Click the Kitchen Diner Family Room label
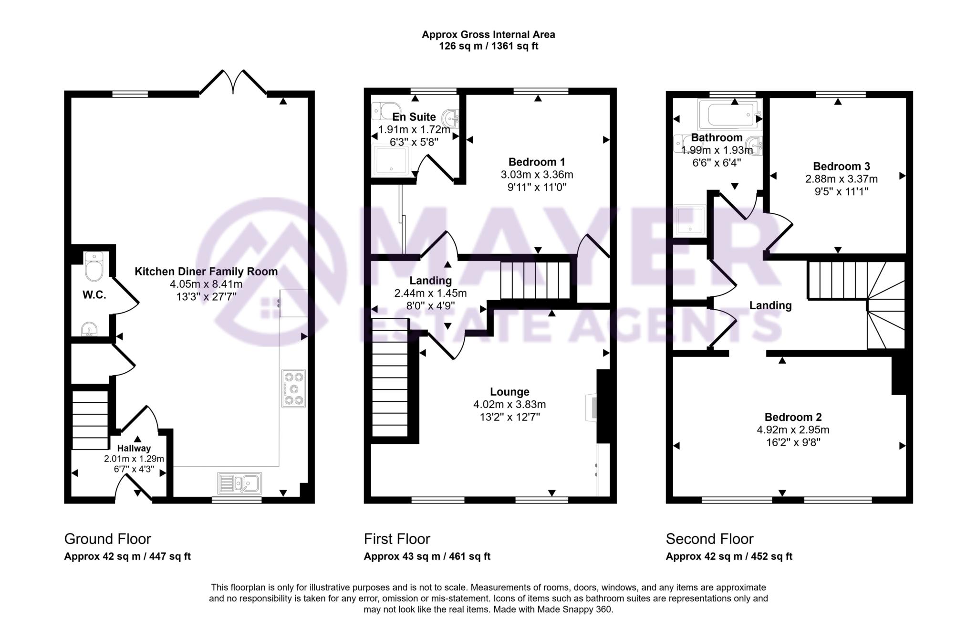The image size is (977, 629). tap(206, 272)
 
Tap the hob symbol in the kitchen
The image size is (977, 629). tap(293, 388)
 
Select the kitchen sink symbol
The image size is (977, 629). tap(239, 483)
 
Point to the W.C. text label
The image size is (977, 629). tap(94, 295)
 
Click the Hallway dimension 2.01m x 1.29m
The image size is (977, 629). tap(134, 459)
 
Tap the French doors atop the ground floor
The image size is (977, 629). tap(233, 84)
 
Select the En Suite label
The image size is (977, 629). tap(414, 117)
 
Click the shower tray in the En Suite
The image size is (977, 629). tap(391, 160)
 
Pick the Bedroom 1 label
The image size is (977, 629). tap(537, 162)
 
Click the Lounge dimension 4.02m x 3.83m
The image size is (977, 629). tap(509, 404)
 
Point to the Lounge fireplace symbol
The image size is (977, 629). tap(591, 407)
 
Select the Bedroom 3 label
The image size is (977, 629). tap(841, 167)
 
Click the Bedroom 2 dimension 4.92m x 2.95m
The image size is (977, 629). tap(793, 430)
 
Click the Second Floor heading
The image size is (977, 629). tap(709, 539)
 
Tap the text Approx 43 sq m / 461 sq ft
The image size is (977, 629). tap(427, 556)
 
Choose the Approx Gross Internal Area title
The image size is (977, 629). tap(488, 34)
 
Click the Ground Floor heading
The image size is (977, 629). tap(107, 539)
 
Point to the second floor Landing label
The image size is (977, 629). tap(770, 305)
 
